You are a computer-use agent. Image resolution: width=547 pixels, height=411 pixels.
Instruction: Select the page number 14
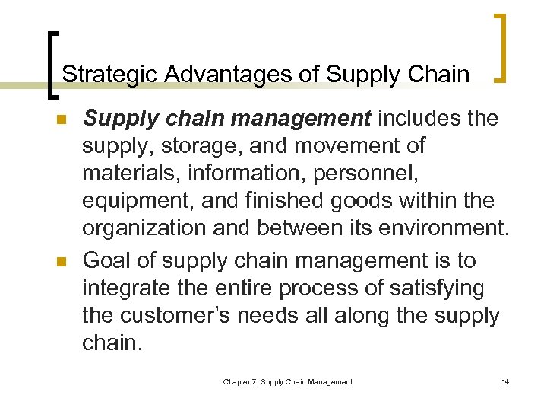click(x=505, y=381)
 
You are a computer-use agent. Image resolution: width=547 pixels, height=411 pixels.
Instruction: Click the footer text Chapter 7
click(x=242, y=381)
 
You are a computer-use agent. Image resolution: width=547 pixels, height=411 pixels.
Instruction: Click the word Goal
click(x=108, y=260)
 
